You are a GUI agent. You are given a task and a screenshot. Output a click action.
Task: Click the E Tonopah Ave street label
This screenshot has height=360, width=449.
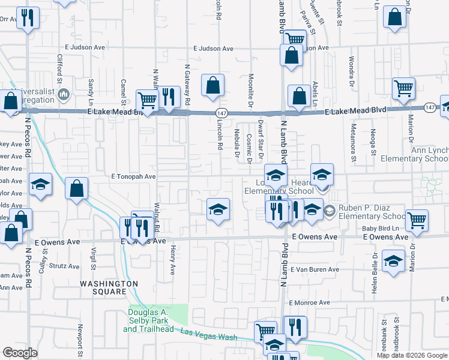(133, 177)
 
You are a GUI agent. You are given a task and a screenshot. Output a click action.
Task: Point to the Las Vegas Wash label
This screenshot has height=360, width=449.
(209, 335)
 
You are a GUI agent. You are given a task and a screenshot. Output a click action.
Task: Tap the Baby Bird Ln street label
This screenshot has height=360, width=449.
(380, 229)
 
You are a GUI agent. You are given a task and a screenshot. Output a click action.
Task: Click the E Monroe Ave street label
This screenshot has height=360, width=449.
(310, 304)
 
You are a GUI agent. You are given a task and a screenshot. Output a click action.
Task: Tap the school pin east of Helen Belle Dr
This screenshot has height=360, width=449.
(393, 262)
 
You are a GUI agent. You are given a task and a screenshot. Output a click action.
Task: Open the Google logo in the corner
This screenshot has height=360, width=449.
(20, 353)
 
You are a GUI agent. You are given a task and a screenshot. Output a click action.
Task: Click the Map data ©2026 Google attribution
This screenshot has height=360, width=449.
(412, 355)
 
